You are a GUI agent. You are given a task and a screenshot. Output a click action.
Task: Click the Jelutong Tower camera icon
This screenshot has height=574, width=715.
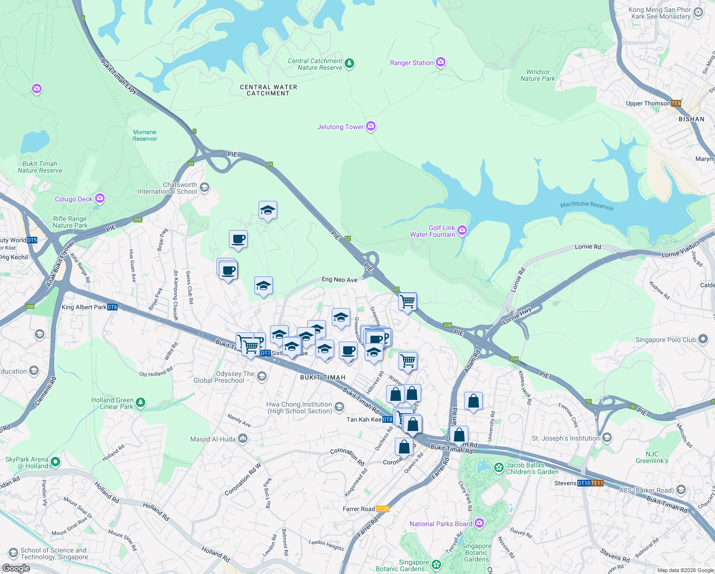[371, 126]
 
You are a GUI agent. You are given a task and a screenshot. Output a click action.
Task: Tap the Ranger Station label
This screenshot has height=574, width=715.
[412, 63]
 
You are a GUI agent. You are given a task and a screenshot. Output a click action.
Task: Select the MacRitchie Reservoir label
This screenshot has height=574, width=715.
[587, 206]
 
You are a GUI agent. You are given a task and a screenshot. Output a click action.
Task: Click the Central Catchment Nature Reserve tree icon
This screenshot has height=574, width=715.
[349, 63]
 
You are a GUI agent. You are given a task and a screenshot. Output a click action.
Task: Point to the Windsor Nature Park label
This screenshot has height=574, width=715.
[538, 75]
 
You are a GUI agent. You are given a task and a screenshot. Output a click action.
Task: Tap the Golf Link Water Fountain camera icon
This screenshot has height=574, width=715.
[462, 231]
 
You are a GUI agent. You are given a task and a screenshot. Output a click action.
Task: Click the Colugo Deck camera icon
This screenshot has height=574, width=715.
[100, 198]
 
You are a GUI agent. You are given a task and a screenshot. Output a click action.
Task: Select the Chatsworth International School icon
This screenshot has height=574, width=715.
[205, 187]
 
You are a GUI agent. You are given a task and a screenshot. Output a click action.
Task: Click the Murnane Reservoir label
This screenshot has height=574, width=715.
[145, 135]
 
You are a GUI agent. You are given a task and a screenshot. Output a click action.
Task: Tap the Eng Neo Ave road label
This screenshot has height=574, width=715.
[339, 280]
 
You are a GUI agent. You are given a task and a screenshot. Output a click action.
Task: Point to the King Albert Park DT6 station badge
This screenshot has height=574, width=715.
[112, 307]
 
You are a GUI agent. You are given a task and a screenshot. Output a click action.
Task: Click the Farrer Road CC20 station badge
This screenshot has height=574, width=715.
[382, 509]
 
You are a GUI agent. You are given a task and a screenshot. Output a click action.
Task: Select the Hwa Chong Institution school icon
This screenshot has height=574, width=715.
[339, 407]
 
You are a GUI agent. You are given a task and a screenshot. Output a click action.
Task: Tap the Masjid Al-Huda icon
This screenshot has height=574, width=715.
[243, 438]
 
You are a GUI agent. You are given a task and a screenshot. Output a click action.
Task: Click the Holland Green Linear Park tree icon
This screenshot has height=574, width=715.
[140, 402]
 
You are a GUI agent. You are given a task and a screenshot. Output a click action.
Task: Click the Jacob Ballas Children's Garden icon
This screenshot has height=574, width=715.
[498, 467]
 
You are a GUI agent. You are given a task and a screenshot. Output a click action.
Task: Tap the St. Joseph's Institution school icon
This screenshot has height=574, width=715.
[607, 438]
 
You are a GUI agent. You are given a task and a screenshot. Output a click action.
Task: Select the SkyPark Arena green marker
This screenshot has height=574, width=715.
[55, 462]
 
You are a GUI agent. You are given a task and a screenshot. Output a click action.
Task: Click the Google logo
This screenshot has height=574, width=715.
[16, 568]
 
